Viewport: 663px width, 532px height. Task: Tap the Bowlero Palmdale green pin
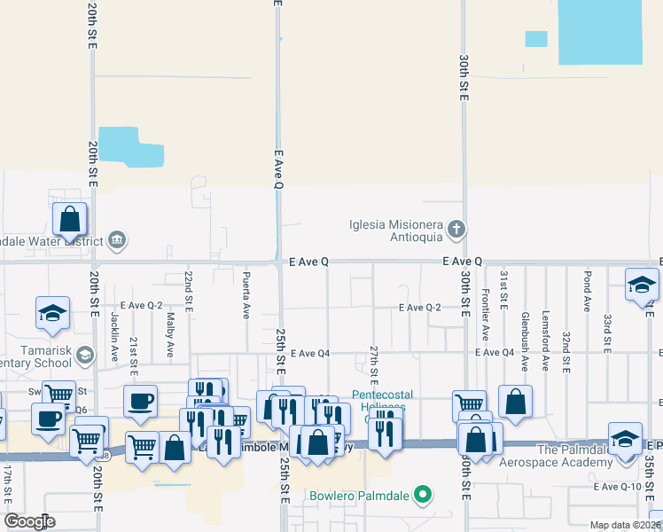point(424,495)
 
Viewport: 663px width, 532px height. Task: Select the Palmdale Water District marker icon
point(116,240)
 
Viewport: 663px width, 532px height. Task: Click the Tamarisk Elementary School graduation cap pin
point(84,356)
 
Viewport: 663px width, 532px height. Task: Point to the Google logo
point(29,521)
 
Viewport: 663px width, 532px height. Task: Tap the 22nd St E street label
point(188,291)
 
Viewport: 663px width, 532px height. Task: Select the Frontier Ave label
point(485,315)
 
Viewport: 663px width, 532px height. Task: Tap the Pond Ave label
point(587,292)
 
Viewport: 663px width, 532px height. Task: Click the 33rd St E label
point(607,331)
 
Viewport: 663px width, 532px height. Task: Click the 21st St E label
point(133,352)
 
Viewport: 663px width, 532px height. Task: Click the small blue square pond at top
point(536,39)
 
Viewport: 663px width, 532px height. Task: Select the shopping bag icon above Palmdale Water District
point(69,219)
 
